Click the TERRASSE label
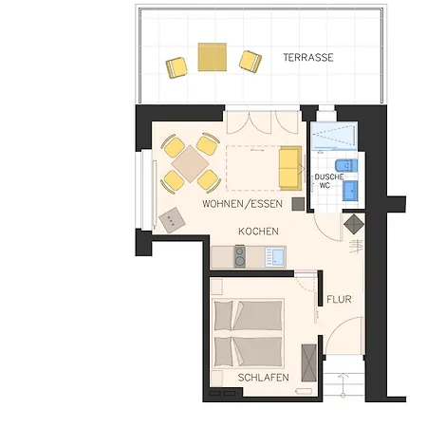[308, 58]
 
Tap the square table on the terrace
[213, 57]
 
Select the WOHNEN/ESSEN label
[242, 204]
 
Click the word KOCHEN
[258, 232]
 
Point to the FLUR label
[339, 299]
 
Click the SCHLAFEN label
[264, 378]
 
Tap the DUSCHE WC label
[329, 181]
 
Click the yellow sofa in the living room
[290, 168]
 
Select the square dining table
[190, 164]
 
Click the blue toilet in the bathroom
[346, 165]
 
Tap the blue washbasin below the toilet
[350, 191]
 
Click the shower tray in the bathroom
[334, 136]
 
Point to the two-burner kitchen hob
[240, 256]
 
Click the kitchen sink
[275, 256]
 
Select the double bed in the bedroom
[248, 333]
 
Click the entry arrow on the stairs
[343, 385]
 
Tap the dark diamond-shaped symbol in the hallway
[354, 224]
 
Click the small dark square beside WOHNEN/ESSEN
[298, 204]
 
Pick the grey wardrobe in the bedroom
[309, 362]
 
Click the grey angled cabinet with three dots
[172, 220]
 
